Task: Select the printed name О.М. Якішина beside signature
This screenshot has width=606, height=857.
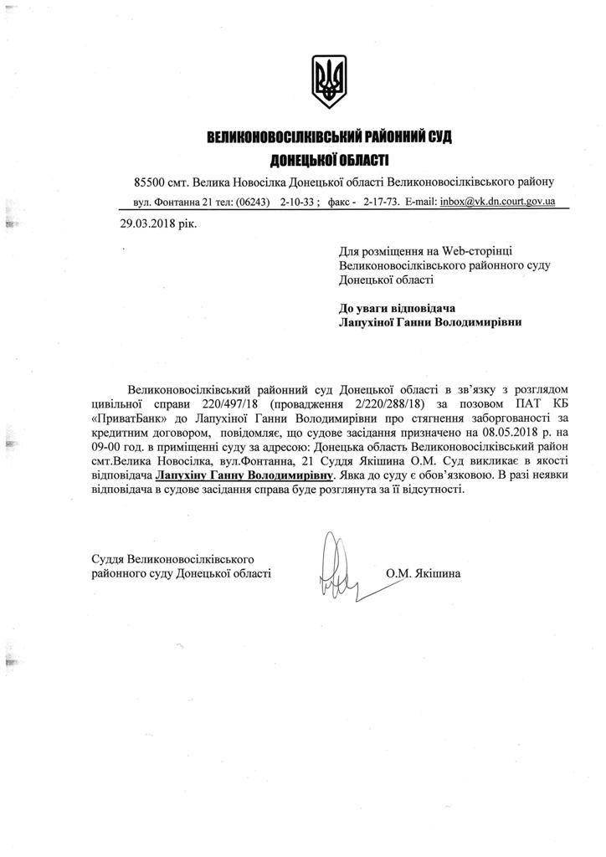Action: click(424, 575)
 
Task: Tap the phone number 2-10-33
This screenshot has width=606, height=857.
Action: click(298, 203)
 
